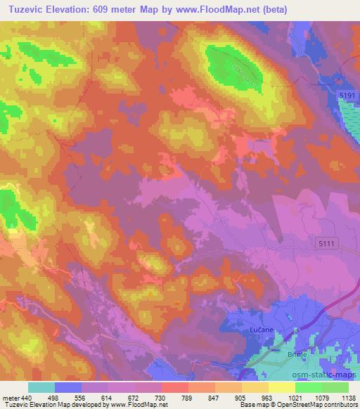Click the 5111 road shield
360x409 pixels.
point(327,241)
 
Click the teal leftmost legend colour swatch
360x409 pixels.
point(41,387)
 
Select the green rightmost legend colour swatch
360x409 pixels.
point(334,387)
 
